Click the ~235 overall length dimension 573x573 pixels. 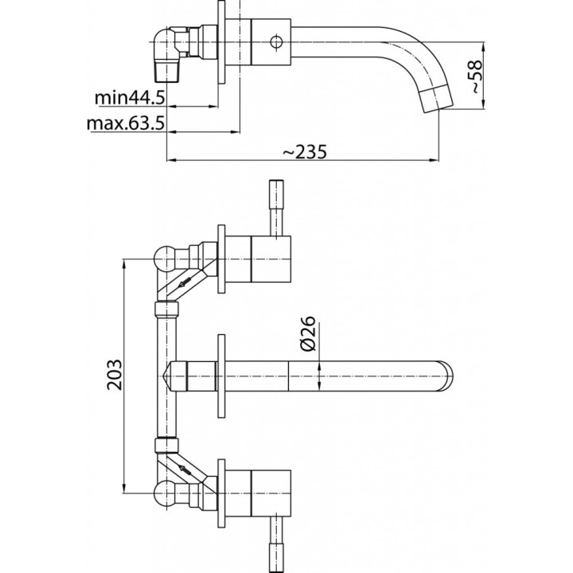coord(303,151)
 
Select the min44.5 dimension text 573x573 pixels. coord(130,98)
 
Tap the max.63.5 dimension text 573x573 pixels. coord(124,124)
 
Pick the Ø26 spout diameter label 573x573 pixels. coord(310,332)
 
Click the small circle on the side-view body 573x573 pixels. coord(278,40)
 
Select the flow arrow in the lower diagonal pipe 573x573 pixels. coord(186,468)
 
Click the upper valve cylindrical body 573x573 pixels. coord(270,259)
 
